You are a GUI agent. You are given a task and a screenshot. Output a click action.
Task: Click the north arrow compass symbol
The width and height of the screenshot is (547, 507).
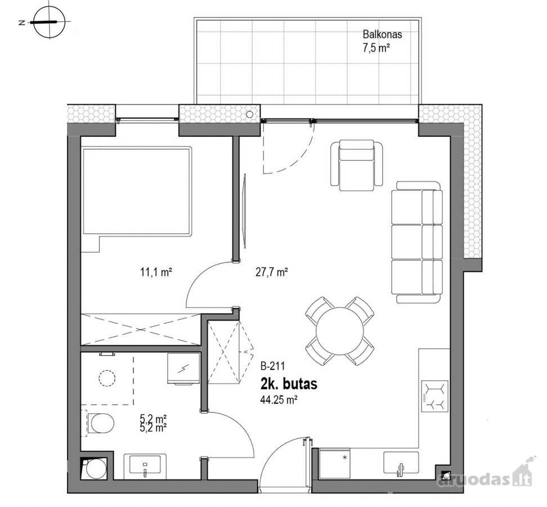pos(50,22)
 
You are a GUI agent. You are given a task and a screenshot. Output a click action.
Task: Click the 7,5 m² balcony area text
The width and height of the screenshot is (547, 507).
pos(376,47)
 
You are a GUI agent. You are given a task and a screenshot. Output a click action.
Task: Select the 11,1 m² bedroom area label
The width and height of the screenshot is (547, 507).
pos(156,272)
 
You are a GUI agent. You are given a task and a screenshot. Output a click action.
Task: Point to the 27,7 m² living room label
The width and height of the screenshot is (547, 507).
pos(272,272)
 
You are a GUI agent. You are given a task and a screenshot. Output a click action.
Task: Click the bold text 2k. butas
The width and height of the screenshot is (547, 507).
pos(289,384)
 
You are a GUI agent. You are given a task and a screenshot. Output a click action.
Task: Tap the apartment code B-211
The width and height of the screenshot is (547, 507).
pos(273,366)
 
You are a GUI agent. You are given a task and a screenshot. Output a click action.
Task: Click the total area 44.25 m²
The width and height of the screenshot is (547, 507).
pos(279,399)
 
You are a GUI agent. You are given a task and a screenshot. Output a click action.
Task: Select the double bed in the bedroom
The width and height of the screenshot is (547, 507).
pos(137,192)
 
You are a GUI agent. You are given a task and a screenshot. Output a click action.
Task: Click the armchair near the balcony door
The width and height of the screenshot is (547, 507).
pos(357,165)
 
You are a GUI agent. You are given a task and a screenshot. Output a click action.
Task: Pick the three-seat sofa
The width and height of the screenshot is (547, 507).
pos(416,242)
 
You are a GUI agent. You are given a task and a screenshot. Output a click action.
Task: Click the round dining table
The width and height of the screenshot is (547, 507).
pos(339,331)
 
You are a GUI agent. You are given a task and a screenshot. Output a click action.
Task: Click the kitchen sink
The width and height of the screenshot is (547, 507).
pos(401,463)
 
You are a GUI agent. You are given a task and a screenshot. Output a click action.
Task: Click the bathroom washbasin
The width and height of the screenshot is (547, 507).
pos(145,464)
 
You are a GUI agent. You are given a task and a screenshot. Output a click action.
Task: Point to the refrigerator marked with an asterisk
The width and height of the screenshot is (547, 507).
pos(334,464)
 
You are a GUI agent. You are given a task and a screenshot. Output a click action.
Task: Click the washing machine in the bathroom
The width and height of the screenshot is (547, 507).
pos(183,368)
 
